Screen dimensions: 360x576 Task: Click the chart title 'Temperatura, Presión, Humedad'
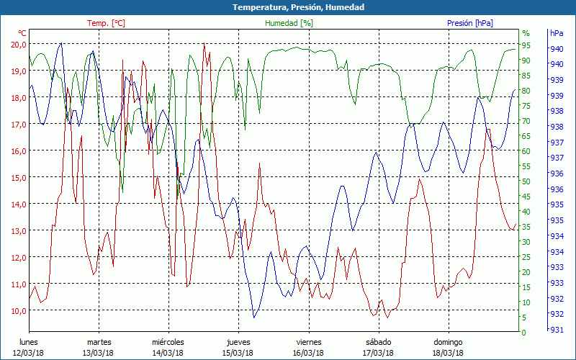[x=288, y=7]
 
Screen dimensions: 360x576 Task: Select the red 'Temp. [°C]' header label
[x=106, y=23]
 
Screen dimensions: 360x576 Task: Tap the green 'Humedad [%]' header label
[x=289, y=23]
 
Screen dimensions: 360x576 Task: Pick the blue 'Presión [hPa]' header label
[x=470, y=23]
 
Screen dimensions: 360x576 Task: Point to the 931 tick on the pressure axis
[x=557, y=329]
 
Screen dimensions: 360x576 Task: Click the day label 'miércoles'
[x=168, y=342]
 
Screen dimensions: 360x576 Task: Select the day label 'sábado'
[x=378, y=342]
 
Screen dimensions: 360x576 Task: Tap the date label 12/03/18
[x=29, y=352]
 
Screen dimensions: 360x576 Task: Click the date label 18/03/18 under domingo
[x=448, y=352]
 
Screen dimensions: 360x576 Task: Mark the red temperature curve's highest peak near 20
[x=204, y=45]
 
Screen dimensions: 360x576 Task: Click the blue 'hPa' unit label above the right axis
[x=557, y=33]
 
